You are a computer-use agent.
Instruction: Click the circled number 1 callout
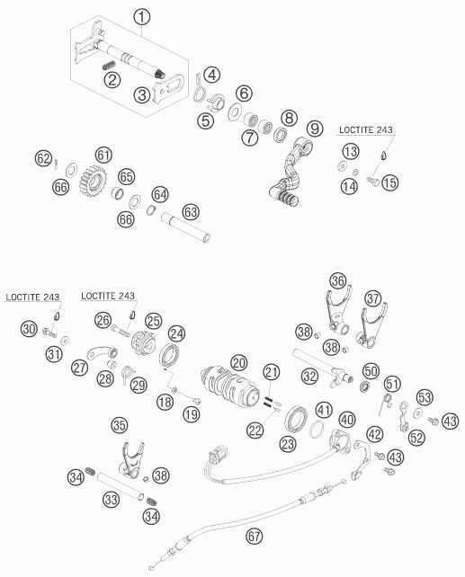tap(142, 17)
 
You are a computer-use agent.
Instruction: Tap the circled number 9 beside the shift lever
tap(315, 129)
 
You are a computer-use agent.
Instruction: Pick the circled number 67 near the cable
tap(254, 537)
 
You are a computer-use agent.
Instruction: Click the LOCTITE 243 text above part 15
tap(366, 129)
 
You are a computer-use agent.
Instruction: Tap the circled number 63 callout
tap(191, 212)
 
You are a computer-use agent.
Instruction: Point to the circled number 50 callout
tap(371, 371)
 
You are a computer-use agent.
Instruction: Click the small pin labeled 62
tap(56, 164)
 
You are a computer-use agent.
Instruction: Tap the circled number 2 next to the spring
tap(112, 79)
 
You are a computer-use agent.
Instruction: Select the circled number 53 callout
tap(425, 397)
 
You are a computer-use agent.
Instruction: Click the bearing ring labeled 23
tap(297, 419)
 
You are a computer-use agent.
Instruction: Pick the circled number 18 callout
tap(165, 402)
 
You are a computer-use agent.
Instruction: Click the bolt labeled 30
tap(49, 333)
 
